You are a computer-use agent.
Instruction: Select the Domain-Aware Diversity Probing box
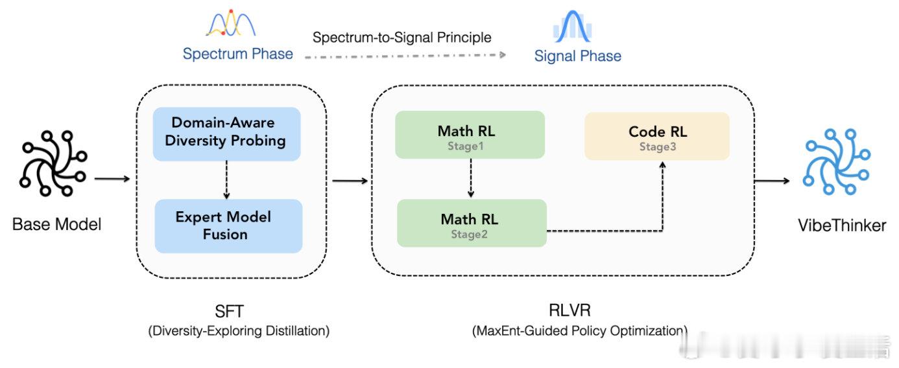226,133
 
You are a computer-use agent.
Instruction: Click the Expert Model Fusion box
228,225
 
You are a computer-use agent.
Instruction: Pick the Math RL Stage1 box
470,135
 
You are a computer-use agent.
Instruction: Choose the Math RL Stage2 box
472,224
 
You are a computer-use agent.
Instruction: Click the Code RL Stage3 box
657,136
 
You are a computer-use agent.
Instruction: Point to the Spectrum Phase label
237,54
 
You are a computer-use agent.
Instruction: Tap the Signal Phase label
577,56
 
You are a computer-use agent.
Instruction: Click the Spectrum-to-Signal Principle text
402,38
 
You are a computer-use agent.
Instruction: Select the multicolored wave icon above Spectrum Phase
231,24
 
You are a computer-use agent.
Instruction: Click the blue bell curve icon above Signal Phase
573,27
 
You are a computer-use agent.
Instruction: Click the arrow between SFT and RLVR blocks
349,182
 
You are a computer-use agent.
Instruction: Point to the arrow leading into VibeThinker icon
774,181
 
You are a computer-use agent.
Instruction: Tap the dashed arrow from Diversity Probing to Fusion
226,179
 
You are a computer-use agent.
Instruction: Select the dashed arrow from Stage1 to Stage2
471,178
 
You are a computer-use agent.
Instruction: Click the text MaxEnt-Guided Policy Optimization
579,331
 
